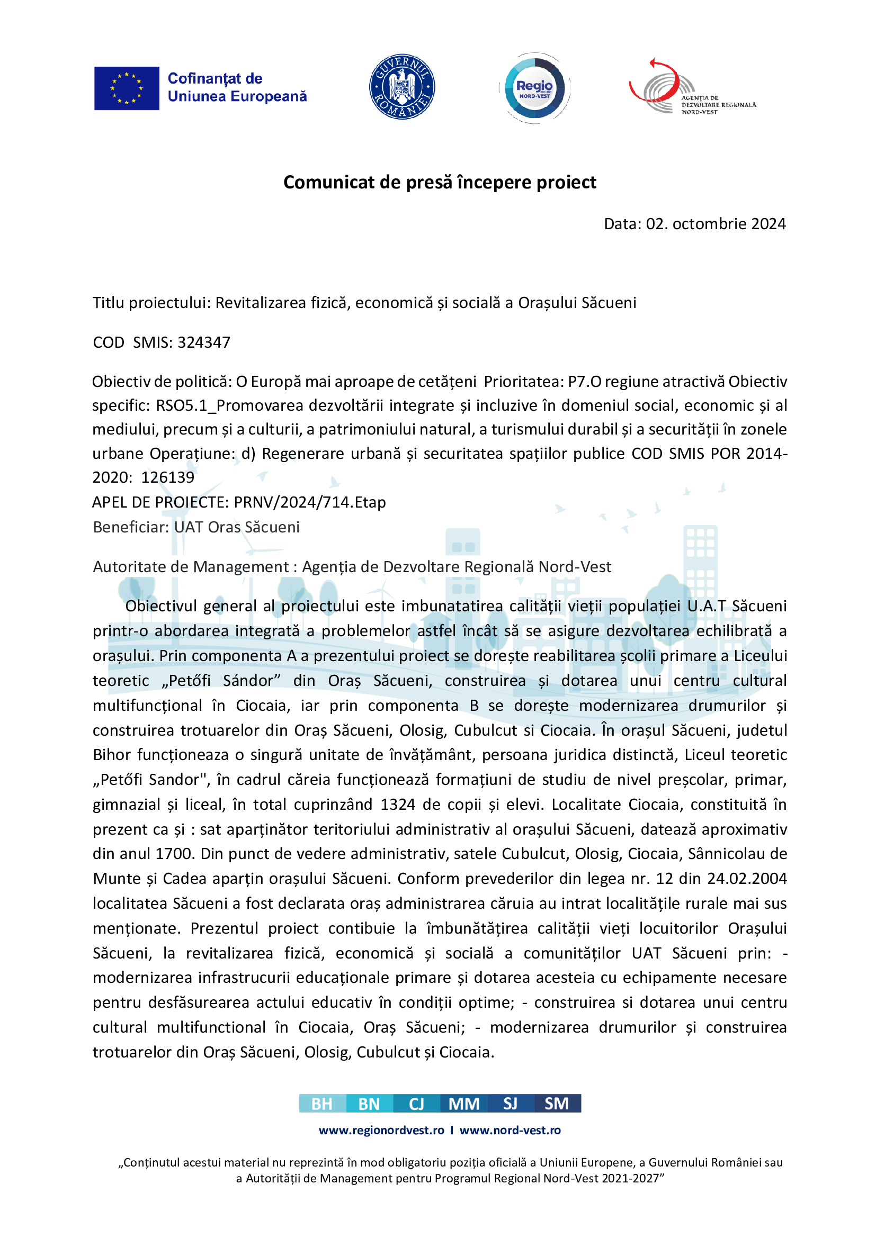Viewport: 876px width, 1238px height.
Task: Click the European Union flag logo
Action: click(x=127, y=88)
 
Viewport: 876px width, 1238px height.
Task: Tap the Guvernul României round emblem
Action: click(x=402, y=87)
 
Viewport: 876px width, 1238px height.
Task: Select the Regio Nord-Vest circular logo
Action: click(x=534, y=88)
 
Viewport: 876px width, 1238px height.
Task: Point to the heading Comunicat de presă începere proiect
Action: click(x=440, y=182)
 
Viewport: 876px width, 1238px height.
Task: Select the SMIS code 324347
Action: click(x=204, y=342)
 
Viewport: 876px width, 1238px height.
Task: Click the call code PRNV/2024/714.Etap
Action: click(x=310, y=502)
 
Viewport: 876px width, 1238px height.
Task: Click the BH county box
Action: click(x=322, y=1104)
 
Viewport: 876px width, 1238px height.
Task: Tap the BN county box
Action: click(x=370, y=1104)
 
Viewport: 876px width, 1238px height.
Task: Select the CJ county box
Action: click(x=416, y=1104)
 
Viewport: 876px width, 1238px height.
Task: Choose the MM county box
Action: click(x=464, y=1104)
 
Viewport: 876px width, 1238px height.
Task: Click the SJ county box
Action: click(x=510, y=1104)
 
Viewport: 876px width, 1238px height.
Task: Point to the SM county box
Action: click(x=557, y=1104)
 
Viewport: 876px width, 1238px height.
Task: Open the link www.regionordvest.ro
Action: click(x=381, y=1130)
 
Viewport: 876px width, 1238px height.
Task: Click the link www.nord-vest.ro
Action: click(x=509, y=1130)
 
